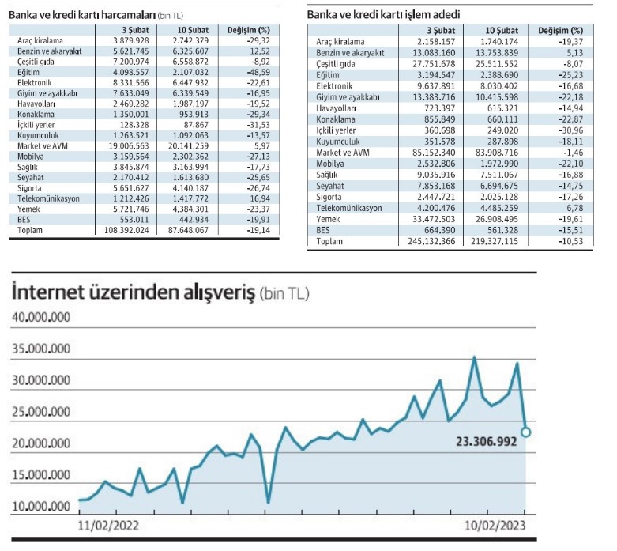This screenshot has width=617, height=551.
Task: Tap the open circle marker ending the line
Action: coord(526,432)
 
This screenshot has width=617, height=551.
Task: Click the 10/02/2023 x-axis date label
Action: coord(493,524)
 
